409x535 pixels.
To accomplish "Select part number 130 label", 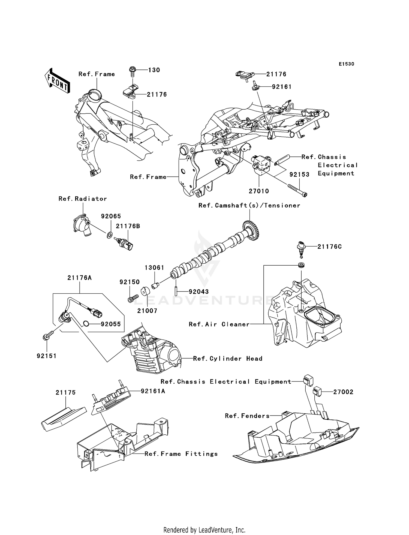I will (154, 70).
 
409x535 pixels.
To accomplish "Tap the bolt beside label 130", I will (133, 71).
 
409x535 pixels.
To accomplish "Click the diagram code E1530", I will (346, 64).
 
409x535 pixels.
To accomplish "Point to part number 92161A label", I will (153, 391).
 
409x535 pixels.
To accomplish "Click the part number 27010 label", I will (259, 191).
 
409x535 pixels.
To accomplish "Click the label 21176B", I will (128, 226).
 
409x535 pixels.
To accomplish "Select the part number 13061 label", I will (154, 268).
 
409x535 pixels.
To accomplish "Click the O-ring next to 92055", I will (86, 324).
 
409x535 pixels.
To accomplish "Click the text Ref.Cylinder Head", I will (228, 359).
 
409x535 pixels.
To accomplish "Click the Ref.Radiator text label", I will (83, 199).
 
